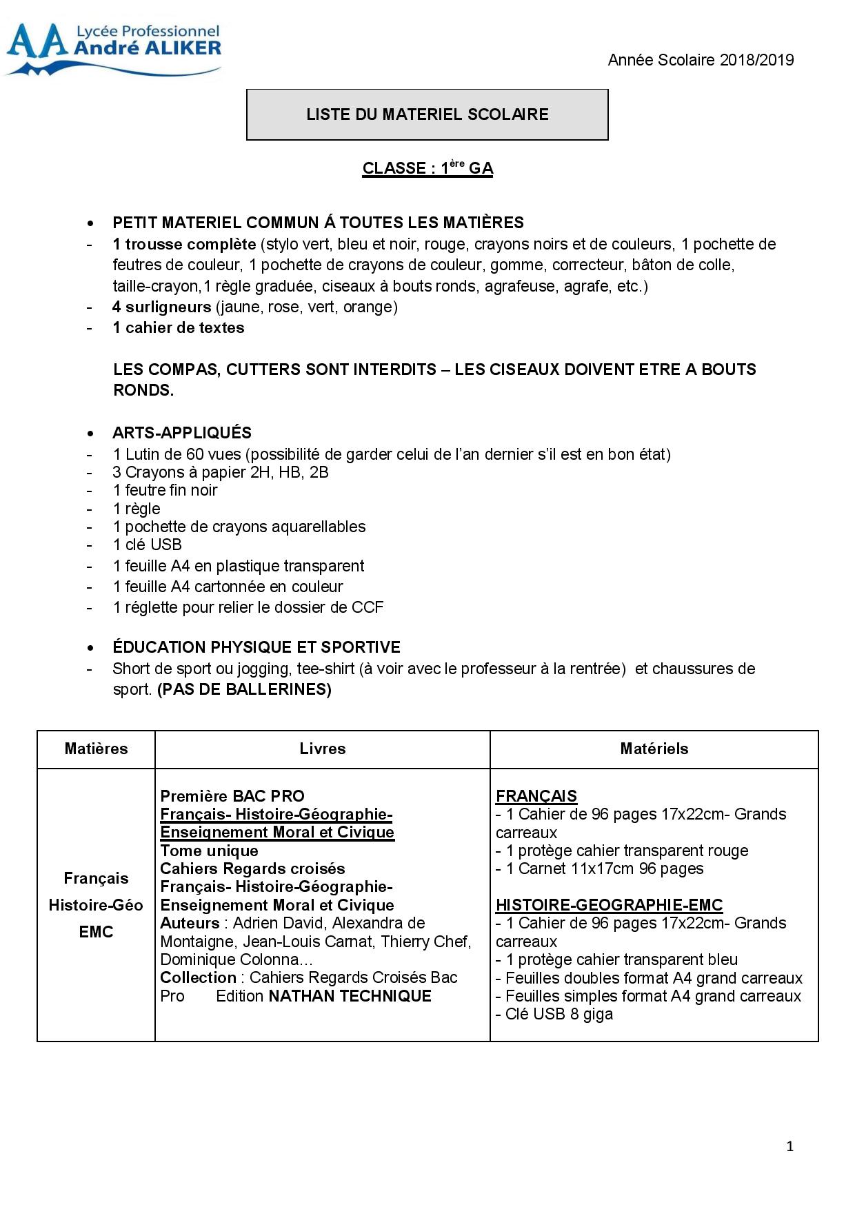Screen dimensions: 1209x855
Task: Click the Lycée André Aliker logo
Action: click(114, 49)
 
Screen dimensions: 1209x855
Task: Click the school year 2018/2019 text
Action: click(701, 60)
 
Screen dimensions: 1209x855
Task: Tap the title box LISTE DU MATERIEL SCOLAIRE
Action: click(428, 114)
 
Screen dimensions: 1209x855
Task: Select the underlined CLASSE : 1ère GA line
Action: click(428, 168)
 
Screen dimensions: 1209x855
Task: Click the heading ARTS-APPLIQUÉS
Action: click(182, 433)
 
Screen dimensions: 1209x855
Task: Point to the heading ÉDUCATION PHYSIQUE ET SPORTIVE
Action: click(256, 647)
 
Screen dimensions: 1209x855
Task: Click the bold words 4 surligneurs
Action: click(162, 307)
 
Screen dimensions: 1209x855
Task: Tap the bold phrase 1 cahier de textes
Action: click(179, 327)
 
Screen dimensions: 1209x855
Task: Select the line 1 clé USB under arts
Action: click(148, 545)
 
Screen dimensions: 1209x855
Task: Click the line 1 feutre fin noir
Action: click(165, 490)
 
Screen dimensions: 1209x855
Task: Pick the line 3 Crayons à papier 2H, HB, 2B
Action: click(221, 472)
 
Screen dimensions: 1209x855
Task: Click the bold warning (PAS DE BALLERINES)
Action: click(244, 689)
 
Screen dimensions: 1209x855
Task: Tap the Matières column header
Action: click(96, 749)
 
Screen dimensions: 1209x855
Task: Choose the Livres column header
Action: click(323, 749)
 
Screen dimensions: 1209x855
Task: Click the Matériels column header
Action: click(654, 749)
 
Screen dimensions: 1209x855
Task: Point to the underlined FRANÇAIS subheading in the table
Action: click(536, 796)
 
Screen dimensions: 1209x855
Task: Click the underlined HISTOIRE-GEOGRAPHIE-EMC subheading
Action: click(610, 905)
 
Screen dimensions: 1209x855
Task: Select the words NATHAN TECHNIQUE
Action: click(350, 996)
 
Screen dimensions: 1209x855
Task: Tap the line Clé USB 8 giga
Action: click(554, 1014)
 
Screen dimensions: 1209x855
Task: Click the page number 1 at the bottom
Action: click(789, 1147)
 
